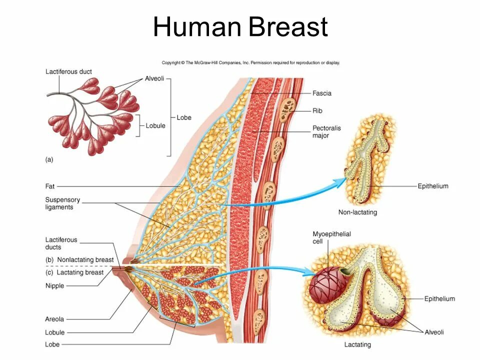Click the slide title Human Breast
tap(240, 27)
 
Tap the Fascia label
tap(321, 93)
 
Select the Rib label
tap(317, 110)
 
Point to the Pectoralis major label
tap(326, 131)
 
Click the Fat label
tap(49, 186)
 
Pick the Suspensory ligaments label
tap(62, 203)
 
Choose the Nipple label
tap(54, 286)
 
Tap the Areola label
tap(54, 319)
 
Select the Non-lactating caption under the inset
tap(357, 212)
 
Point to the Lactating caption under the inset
tap(357, 345)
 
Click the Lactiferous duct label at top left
tap(68, 71)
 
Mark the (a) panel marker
tap(49, 159)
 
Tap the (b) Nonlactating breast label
tap(79, 260)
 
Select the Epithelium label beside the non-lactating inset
tap(433, 186)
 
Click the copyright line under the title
tap(250, 63)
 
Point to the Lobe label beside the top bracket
tap(184, 118)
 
